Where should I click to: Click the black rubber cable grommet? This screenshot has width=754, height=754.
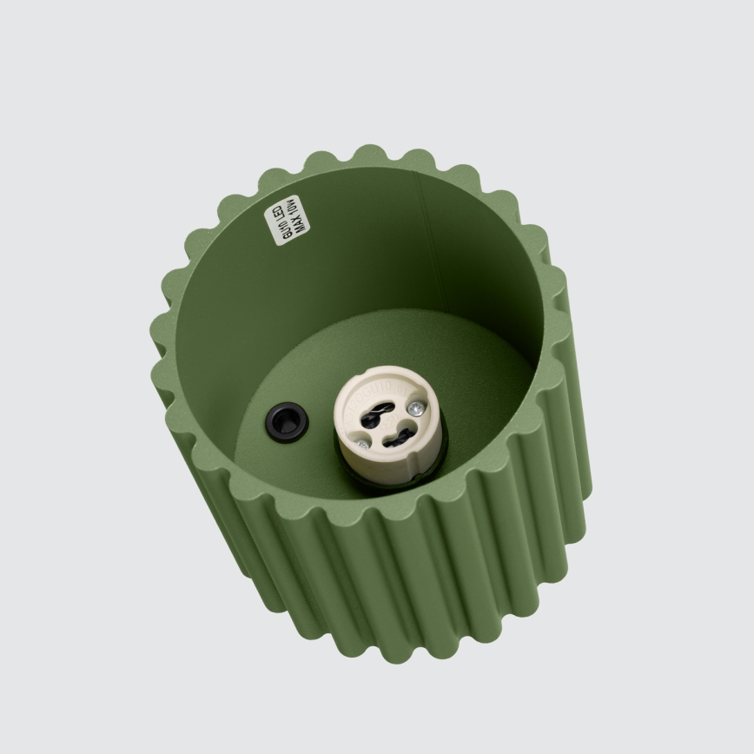(x=287, y=422)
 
